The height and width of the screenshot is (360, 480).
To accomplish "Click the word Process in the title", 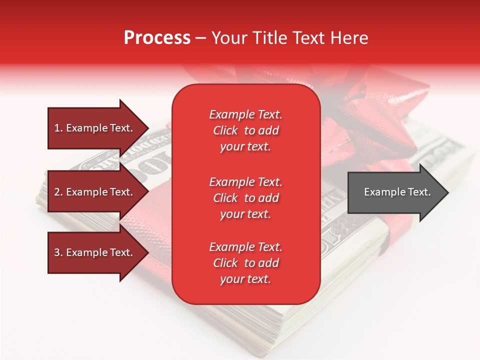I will tap(157, 38).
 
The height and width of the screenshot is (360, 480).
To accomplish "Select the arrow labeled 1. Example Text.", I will tap(95, 128).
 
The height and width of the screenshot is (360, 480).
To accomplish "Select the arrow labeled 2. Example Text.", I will tap(95, 192).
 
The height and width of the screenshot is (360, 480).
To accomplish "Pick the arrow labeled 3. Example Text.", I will tap(95, 252).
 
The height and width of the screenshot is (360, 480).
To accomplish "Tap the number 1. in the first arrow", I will tap(58, 128).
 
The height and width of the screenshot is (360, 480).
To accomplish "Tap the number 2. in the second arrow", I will tap(58, 192).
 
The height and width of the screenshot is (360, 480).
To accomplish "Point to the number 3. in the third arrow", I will tap(58, 252).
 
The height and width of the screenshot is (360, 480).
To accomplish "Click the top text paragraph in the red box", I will tap(245, 130).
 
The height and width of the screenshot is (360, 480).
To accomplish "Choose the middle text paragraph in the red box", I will tap(245, 198).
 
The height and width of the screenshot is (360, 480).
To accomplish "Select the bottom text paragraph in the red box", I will tap(245, 263).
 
